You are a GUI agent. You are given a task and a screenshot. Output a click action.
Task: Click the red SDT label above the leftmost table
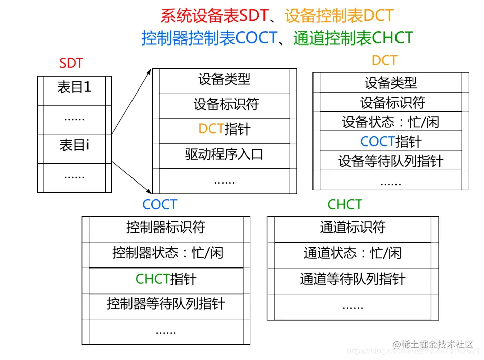(71, 63)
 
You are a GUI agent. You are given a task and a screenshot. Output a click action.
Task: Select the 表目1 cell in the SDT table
(74, 87)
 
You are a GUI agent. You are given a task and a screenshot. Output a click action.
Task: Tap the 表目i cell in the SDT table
(74, 146)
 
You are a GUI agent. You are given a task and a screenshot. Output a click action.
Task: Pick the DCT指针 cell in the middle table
(224, 129)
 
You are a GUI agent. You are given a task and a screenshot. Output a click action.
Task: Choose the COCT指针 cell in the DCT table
(390, 141)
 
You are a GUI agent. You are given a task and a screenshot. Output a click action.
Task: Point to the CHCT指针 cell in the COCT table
(166, 279)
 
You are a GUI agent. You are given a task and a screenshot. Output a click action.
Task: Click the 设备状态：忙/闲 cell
(390, 122)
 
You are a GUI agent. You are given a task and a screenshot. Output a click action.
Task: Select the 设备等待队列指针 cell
(390, 161)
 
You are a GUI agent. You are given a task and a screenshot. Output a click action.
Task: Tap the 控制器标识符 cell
(166, 228)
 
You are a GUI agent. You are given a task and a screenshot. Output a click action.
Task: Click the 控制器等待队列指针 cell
(166, 304)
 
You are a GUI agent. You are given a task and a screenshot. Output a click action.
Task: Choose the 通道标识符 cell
(353, 228)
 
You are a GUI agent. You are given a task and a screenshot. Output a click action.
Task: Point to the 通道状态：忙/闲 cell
(353, 253)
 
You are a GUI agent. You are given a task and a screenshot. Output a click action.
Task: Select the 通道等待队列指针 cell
(353, 279)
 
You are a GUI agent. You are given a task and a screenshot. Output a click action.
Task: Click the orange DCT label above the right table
(384, 61)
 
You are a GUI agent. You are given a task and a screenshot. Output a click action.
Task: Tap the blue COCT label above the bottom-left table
(160, 205)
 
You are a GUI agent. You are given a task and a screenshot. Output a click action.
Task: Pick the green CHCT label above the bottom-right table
(345, 205)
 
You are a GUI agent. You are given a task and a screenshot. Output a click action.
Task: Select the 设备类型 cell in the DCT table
(390, 82)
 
